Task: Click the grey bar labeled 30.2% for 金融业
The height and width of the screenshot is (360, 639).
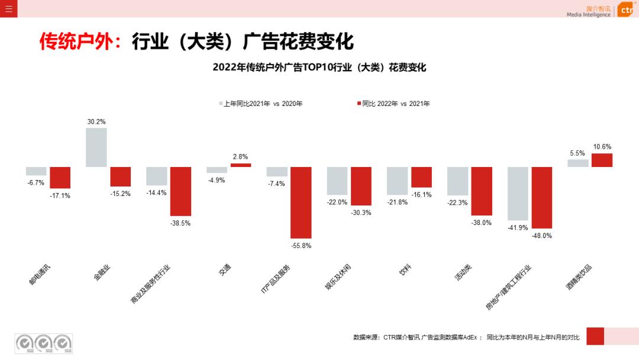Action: [96, 147]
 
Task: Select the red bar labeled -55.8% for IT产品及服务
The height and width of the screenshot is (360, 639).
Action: [301, 202]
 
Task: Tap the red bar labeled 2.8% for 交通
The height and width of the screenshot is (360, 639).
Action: [241, 165]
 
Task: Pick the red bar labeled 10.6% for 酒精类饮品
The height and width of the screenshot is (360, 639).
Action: [602, 160]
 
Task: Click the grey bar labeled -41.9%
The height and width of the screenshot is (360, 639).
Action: [518, 193]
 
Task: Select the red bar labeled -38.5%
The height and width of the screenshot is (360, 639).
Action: [180, 191]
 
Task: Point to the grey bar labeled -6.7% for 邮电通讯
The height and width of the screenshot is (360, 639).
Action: [36, 171]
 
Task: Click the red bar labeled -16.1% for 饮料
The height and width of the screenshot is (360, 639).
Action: [421, 177]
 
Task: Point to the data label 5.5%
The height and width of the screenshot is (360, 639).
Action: [577, 153]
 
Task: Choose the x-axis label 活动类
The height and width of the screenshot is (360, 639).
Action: [463, 272]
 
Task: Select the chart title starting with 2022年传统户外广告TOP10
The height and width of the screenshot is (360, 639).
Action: [319, 67]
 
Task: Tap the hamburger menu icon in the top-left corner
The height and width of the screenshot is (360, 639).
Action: [8, 8]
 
